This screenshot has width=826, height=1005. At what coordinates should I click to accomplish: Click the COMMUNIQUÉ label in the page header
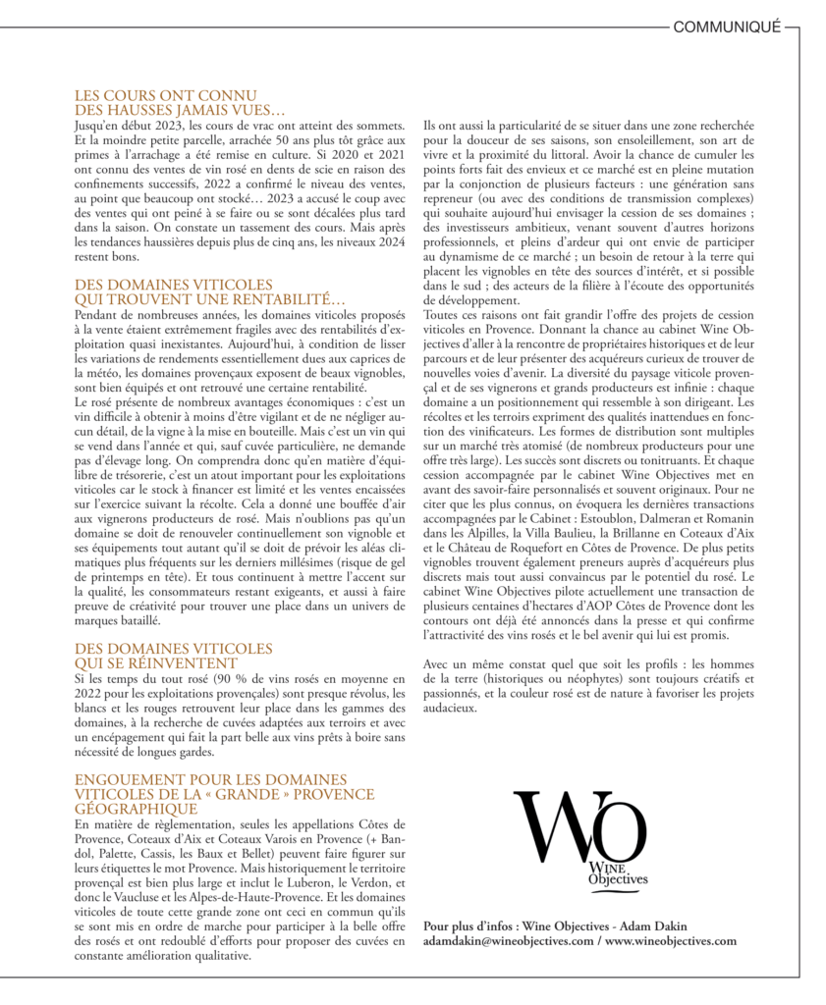pyautogui.click(x=727, y=27)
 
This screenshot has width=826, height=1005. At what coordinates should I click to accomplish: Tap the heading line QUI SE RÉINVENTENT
pyautogui.click(x=156, y=662)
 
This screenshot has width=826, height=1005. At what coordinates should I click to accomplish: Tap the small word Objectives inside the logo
pyautogui.click(x=618, y=880)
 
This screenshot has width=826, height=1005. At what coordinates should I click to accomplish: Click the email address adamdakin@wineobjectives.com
pyautogui.click(x=509, y=941)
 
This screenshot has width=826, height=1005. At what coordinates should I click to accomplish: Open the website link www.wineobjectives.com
pyautogui.click(x=671, y=941)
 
